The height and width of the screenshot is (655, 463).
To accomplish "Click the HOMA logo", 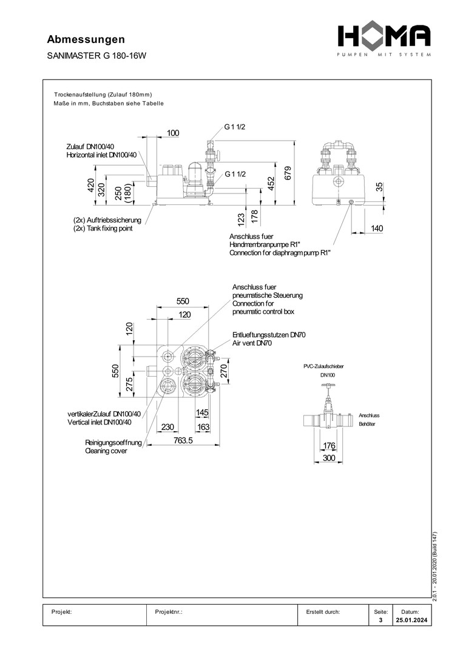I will (384, 38).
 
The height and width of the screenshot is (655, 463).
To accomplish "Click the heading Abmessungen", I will (86, 39).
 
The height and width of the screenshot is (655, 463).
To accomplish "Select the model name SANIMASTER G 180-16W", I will (97, 55).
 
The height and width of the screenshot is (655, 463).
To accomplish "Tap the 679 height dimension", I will (289, 173).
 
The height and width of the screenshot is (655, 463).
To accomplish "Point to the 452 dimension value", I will (271, 181).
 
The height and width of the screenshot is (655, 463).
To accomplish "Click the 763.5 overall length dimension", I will (180, 441).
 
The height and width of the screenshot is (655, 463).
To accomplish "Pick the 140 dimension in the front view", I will (377, 229).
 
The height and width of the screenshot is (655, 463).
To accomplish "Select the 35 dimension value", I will (379, 187).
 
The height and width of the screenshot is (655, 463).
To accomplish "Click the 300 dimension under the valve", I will (329, 458).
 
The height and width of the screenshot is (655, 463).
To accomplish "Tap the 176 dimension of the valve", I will (329, 446).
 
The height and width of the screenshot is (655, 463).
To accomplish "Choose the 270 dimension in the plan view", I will (223, 371).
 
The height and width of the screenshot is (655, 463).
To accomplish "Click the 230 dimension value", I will (168, 427).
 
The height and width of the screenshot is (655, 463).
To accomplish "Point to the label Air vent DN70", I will (252, 343).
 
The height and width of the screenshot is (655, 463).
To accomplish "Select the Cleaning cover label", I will (106, 451).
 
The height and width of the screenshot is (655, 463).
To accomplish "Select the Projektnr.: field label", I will (169, 612).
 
